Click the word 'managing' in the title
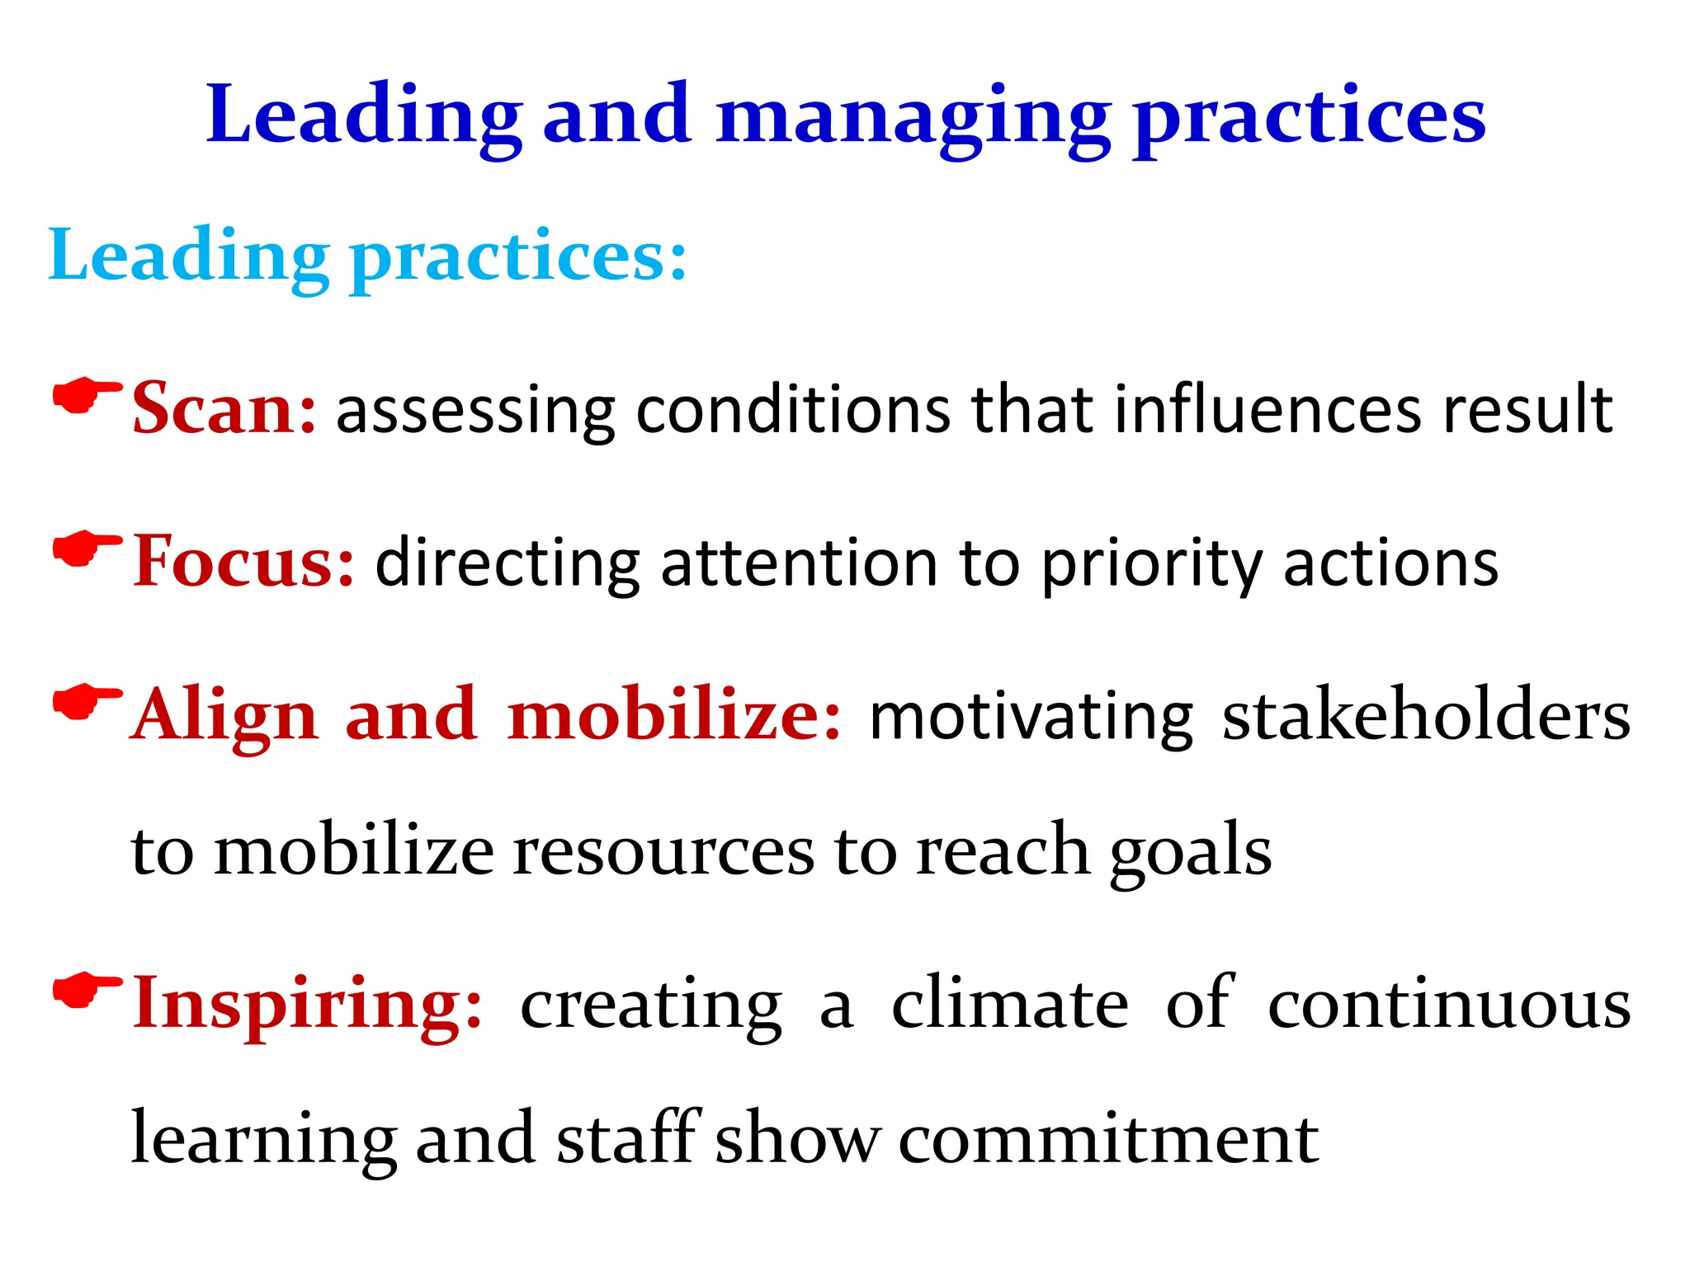coord(912,117)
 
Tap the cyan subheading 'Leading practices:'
coord(367,256)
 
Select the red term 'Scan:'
coord(224,408)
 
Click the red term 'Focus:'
coord(244,562)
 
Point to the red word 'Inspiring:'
coord(308,1004)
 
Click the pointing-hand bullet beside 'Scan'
coord(86,398)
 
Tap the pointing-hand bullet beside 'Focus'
coord(86,549)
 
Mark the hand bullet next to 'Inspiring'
coord(86,991)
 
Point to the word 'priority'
coord(1152,564)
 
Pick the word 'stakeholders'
coord(1425,716)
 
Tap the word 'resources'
coord(663,851)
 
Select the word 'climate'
coord(1010,1004)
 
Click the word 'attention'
coord(799,564)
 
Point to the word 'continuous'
coord(1449,1004)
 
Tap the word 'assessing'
coord(475,411)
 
